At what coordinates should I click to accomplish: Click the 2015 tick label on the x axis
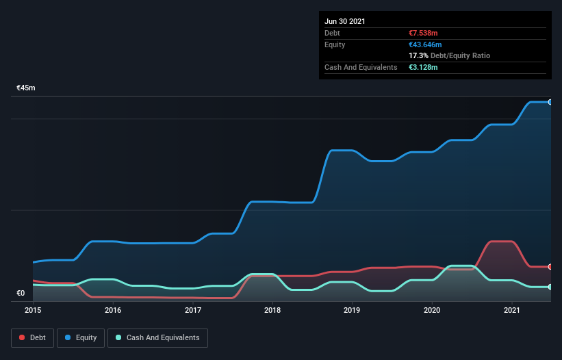coord(33,311)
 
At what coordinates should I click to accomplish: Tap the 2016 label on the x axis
coord(113,311)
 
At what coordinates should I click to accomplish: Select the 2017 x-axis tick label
coord(193,311)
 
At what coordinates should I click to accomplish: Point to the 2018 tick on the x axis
coord(272,311)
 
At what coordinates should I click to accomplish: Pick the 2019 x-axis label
coord(353,311)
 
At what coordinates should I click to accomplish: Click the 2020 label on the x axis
coord(432,311)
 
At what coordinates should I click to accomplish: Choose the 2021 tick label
coord(512,311)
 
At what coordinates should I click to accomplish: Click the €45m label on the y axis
coord(26,88)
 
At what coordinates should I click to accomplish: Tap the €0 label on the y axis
coord(21,294)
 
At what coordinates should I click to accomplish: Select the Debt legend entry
coord(31,338)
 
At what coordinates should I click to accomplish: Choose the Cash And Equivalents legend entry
coord(157,338)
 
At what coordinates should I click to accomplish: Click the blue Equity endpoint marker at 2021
coord(550,102)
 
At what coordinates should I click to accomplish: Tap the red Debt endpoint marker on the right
coord(550,266)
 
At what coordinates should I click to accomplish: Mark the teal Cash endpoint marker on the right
coord(550,287)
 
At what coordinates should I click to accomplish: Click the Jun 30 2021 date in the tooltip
coord(345,21)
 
